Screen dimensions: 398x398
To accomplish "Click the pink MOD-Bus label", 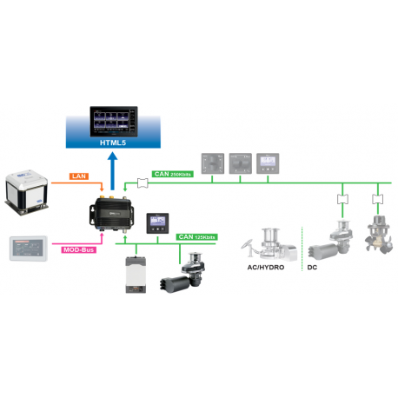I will click(x=79, y=250).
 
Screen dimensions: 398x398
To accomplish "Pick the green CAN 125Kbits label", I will click(x=199, y=235).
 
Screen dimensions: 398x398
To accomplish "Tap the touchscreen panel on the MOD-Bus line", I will click(x=31, y=249).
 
